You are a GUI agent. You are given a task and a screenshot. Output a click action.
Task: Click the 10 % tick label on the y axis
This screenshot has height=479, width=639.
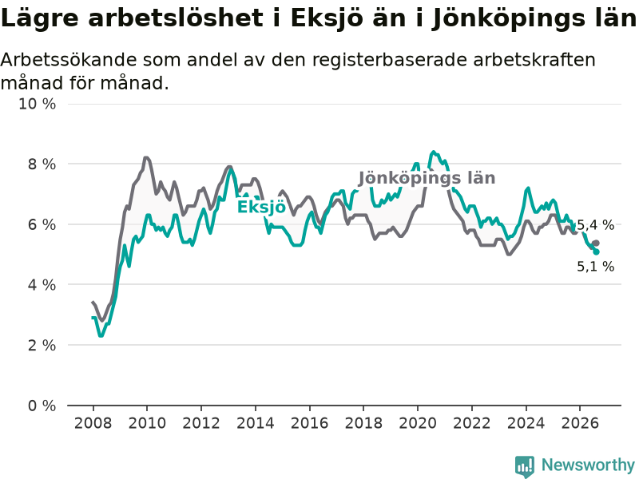[x=37, y=104]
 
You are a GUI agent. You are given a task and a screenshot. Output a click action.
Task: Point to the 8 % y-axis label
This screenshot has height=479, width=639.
[x=42, y=164]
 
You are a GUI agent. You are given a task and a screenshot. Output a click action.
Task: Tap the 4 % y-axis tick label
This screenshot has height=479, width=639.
[x=42, y=285]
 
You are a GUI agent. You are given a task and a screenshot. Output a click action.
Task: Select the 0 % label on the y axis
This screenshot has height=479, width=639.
[x=42, y=406]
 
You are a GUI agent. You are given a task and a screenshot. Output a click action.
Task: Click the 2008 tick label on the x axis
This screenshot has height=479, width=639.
[x=93, y=423]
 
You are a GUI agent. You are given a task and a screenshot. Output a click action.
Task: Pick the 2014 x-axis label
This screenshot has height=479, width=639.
[x=255, y=423]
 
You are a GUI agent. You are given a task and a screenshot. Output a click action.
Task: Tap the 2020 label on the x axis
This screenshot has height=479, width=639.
[x=417, y=423]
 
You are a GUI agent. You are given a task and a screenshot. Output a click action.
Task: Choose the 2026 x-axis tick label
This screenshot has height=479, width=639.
[x=580, y=423]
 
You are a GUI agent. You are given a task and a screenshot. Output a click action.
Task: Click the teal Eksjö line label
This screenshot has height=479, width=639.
[x=261, y=206]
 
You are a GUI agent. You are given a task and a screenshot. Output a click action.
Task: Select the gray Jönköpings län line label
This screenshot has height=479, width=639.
[x=427, y=178]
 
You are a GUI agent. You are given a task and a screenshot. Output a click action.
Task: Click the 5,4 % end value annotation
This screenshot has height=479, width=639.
[x=595, y=225]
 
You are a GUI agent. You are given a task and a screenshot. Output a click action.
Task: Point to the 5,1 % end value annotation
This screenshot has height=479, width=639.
[x=595, y=267]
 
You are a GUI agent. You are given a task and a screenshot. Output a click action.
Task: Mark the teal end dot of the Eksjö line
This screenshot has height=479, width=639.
[x=596, y=252]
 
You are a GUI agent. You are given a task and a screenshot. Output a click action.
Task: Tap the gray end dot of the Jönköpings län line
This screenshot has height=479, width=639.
[x=596, y=243]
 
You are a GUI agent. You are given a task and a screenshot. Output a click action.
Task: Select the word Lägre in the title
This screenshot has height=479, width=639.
[x=39, y=19]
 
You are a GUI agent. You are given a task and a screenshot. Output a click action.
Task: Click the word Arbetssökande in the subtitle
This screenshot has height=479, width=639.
[x=69, y=59]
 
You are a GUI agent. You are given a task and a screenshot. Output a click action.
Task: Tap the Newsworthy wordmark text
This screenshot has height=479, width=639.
[x=588, y=465]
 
